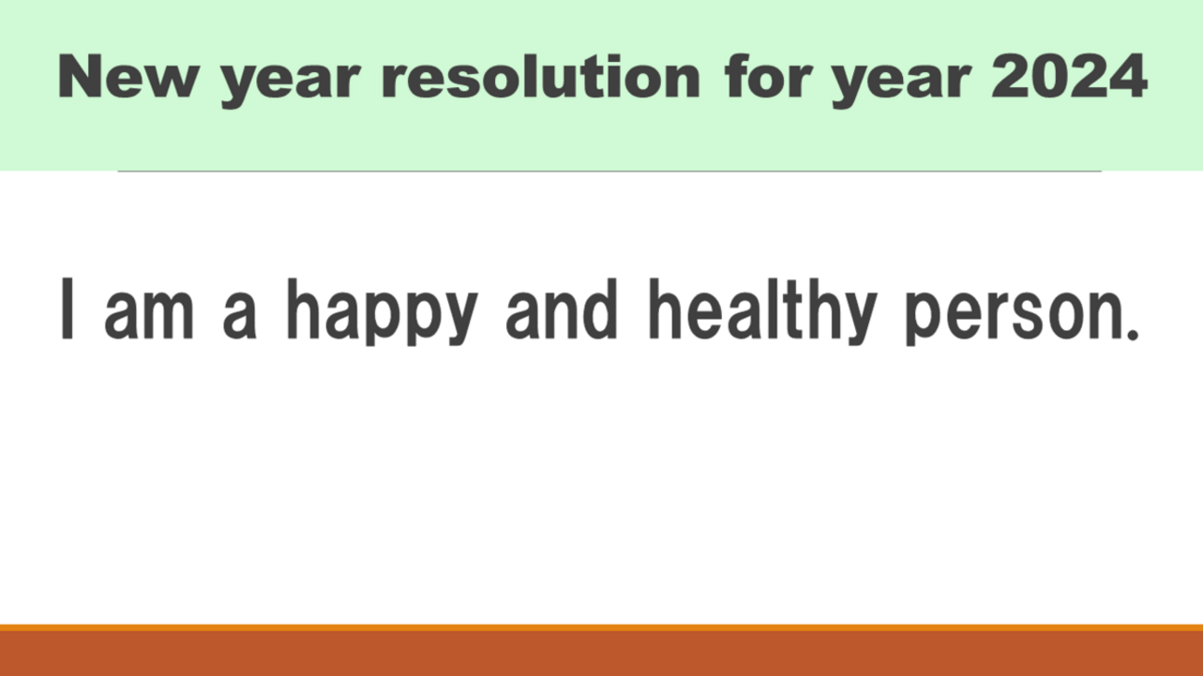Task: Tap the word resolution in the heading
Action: [x=540, y=76]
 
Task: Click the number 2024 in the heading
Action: [x=1070, y=76]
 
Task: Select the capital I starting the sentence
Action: [x=68, y=309]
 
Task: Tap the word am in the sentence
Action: [x=149, y=316]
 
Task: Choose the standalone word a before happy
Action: [x=240, y=316]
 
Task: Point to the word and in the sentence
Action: [x=561, y=310]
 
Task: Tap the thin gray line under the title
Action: [x=610, y=171]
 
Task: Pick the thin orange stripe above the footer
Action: [x=601, y=628]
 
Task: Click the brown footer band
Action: [x=601, y=654]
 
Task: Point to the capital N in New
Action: [x=80, y=77]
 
